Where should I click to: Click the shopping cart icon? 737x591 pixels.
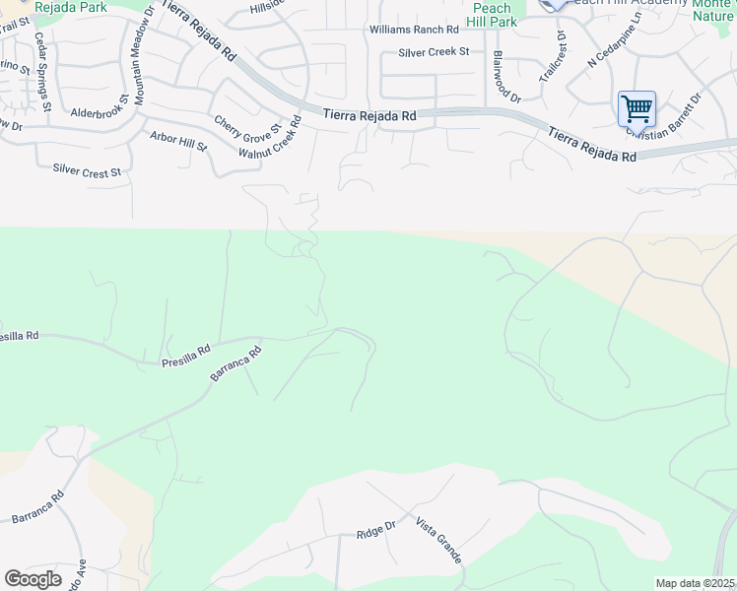pyautogui.click(x=636, y=107)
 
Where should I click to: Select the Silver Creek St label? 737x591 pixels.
pyautogui.click(x=434, y=52)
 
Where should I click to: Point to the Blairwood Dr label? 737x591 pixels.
pyautogui.click(x=506, y=76)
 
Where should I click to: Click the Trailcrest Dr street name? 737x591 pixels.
pyautogui.click(x=554, y=56)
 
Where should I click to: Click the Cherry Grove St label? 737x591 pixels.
pyautogui.click(x=247, y=125)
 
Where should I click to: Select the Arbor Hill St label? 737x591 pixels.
pyautogui.click(x=178, y=141)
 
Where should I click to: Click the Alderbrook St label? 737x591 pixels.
pyautogui.click(x=100, y=106)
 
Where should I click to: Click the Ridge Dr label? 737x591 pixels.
pyautogui.click(x=375, y=530)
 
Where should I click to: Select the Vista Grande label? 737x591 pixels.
pyautogui.click(x=438, y=540)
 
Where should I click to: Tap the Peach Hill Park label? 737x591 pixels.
pyautogui.click(x=491, y=15)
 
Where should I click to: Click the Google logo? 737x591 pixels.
pyautogui.click(x=33, y=578)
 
